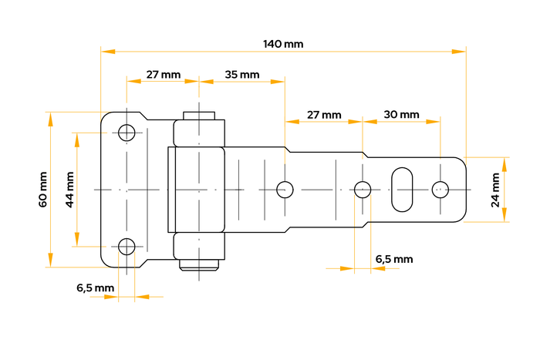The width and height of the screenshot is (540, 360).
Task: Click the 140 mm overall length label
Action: click(283, 44)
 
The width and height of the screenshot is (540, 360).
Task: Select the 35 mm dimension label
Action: click(241, 75)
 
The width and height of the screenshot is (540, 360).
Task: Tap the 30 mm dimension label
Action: click(400, 114)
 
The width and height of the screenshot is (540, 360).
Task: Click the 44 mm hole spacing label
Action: click(69, 189)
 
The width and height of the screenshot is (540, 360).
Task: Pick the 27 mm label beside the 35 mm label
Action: click(163, 75)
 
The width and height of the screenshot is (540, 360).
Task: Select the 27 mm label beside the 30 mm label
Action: click(323, 114)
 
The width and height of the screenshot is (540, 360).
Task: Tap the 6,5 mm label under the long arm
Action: click(393, 259)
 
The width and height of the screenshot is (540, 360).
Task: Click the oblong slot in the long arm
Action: click(401, 188)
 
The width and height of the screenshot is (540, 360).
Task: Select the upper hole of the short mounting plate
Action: click(127, 131)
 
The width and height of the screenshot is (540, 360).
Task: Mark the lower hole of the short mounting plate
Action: click(127, 247)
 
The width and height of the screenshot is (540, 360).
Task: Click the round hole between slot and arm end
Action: click(440, 188)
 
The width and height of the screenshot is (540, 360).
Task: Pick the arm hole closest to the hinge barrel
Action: click(285, 188)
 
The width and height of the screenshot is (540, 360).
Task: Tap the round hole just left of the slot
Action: click(362, 188)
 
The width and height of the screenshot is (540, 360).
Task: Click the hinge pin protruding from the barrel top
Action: click(198, 113)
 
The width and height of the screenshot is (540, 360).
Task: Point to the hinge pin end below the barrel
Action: click(198, 267)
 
